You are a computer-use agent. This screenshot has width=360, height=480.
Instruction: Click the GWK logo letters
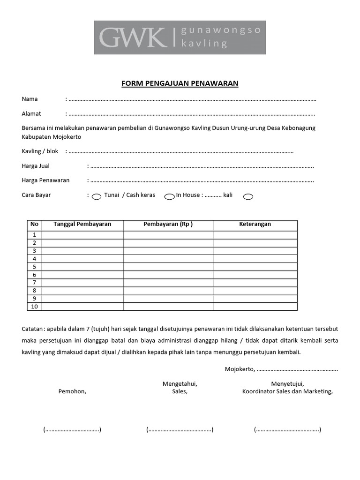pyautogui.click(x=132, y=37)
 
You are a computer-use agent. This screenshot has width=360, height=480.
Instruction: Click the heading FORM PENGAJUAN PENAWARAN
pyautogui.click(x=180, y=83)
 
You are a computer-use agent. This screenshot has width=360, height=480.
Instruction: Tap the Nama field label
pyautogui.click(x=30, y=99)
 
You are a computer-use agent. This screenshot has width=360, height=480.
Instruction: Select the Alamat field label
pyautogui.click(x=31, y=113)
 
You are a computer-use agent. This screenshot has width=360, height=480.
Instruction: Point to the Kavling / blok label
pyautogui.click(x=40, y=151)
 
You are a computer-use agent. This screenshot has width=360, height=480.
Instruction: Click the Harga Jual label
pyautogui.click(x=36, y=166)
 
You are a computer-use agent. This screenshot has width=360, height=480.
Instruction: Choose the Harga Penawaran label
pyautogui.click(x=45, y=180)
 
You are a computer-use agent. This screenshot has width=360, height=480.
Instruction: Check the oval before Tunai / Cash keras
pyautogui.click(x=96, y=197)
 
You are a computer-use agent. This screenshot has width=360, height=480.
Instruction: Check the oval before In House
pyautogui.click(x=169, y=197)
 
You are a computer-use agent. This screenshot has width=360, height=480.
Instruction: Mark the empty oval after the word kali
pyautogui.click(x=248, y=197)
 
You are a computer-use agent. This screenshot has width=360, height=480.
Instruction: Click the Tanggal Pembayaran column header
pyautogui.click(x=82, y=224)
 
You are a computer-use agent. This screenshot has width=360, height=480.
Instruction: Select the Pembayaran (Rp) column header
pyautogui.click(x=168, y=224)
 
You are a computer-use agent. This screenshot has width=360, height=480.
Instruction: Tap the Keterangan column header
pyautogui.click(x=255, y=224)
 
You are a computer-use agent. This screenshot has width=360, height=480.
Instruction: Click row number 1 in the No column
pyautogui.click(x=34, y=235)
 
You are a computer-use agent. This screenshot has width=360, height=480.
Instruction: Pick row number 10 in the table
pyautogui.click(x=34, y=307)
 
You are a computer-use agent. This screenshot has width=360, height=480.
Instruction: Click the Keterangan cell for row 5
pyautogui.click(x=255, y=267)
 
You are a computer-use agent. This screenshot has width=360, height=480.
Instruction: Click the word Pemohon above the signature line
pyautogui.click(x=72, y=392)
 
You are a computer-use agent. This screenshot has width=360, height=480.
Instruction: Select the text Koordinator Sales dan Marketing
pyautogui.click(x=287, y=392)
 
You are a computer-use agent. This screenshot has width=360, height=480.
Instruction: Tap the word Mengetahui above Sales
pyautogui.click(x=180, y=384)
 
